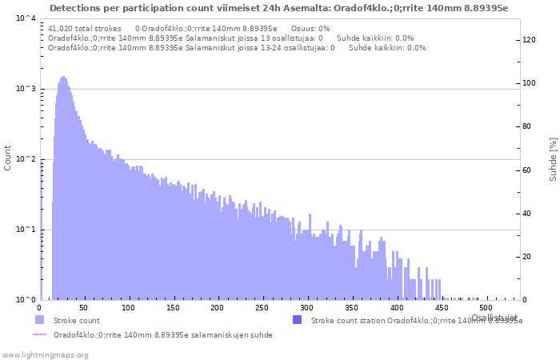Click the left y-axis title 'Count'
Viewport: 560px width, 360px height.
[8, 158]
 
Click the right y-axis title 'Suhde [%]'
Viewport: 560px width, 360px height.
[552, 158]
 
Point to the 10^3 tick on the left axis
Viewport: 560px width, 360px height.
[25, 89]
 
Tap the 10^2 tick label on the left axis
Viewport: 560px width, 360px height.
[25, 159]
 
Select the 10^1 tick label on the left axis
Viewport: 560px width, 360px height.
[25, 230]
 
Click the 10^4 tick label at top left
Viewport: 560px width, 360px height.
[25, 18]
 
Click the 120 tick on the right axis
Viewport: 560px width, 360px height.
[529, 40]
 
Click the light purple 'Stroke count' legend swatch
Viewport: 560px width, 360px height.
[39, 320]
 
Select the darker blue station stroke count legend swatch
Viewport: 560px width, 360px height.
[297, 320]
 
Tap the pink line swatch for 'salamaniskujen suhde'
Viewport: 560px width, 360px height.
[39, 334]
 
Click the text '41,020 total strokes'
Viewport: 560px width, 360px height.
[85, 28]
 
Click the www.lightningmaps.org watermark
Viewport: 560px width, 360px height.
[44, 354]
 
